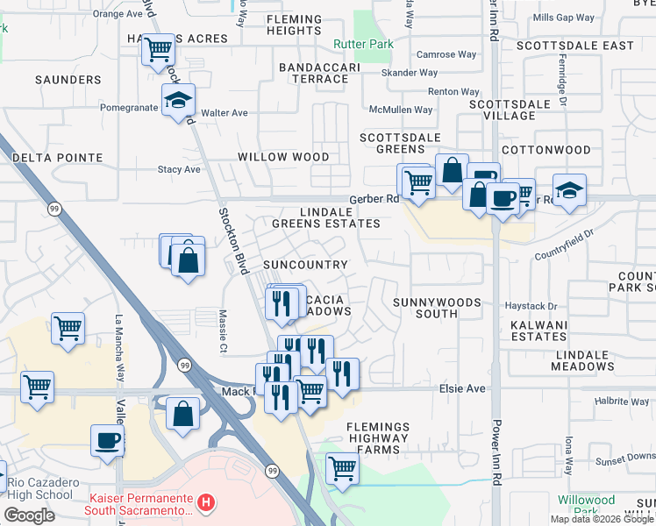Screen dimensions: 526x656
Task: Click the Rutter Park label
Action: tap(362, 44)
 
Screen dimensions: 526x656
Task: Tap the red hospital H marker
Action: tap(205, 503)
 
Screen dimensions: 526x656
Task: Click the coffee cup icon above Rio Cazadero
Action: tap(108, 439)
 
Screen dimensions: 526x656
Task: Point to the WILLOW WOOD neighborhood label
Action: tap(283, 157)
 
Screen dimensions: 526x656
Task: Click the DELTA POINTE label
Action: tap(58, 158)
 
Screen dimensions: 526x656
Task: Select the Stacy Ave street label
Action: tap(179, 169)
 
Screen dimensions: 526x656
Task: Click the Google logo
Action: tap(29, 515)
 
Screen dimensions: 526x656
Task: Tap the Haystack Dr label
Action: tap(531, 306)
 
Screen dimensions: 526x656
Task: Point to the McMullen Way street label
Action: tap(401, 110)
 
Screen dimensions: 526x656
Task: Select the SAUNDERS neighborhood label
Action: tap(68, 80)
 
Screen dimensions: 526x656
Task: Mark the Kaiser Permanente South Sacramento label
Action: tap(139, 503)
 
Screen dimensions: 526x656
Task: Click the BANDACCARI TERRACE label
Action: tap(314, 73)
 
